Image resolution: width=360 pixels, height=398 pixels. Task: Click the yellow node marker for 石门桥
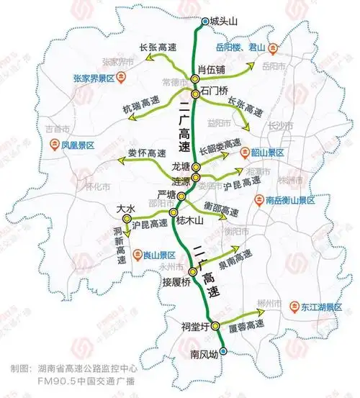pos(195,94)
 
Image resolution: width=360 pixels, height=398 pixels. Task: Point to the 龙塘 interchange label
pos(180,166)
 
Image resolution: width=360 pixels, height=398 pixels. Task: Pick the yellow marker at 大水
pos(127,218)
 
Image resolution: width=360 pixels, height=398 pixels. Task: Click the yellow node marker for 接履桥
pos(192,271)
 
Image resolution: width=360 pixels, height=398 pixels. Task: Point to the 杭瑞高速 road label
pos(139,101)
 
